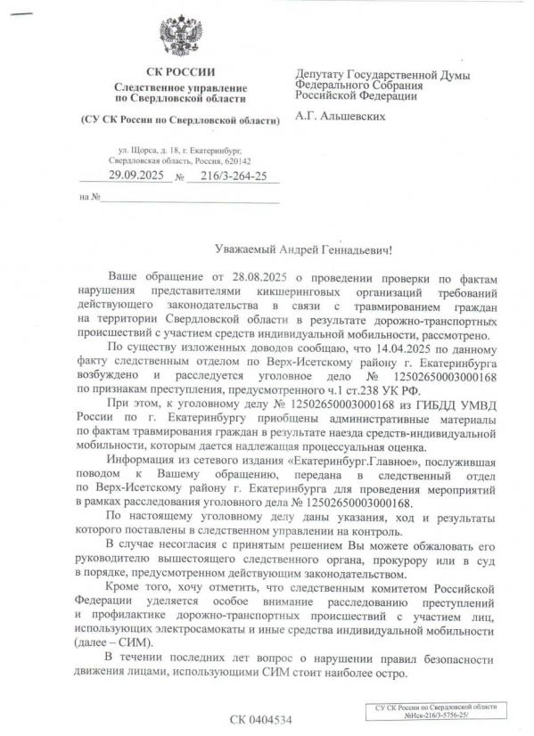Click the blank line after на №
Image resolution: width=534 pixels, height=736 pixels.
[188, 197]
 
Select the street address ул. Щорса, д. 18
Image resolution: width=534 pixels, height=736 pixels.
[152, 149]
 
